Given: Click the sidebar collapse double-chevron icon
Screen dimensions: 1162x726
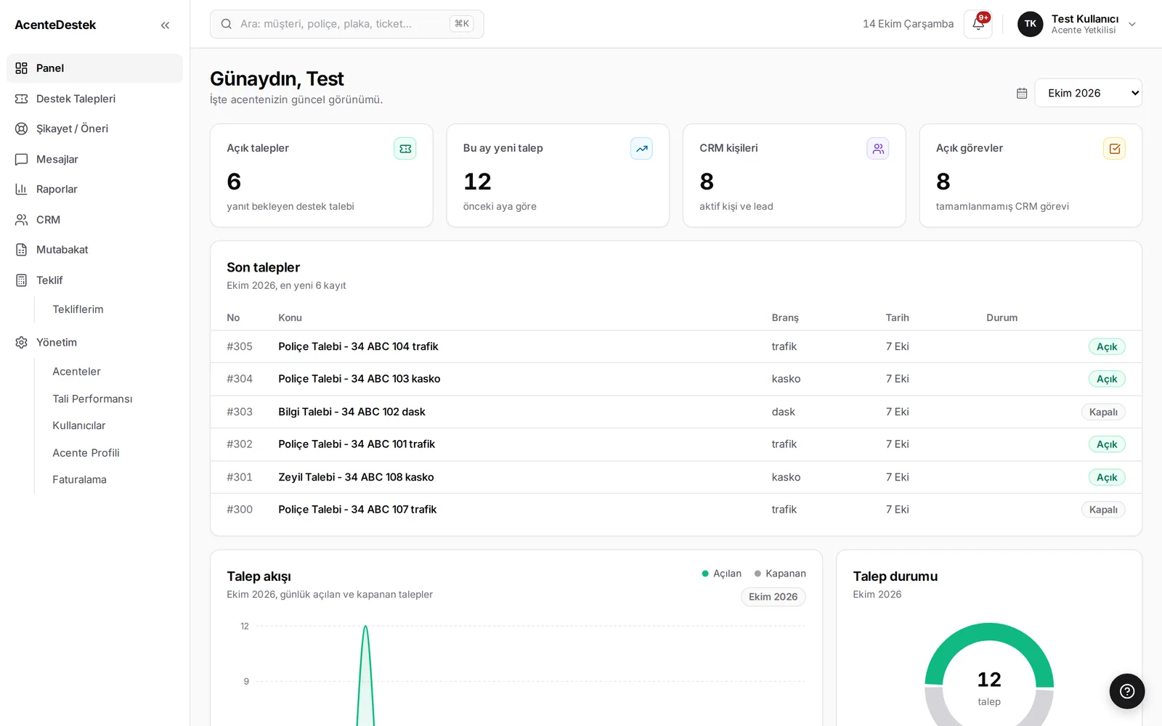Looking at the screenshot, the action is (x=165, y=25).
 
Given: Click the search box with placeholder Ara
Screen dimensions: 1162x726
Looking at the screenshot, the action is (x=346, y=24).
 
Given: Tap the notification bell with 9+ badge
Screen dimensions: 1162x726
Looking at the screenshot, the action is (x=978, y=24).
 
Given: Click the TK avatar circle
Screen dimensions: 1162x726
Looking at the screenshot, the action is (x=1030, y=24).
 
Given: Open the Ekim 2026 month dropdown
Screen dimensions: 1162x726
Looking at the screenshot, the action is (x=1089, y=93).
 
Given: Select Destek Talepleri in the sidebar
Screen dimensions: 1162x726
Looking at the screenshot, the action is (x=76, y=99).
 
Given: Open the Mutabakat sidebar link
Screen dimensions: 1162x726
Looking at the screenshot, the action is (x=62, y=250).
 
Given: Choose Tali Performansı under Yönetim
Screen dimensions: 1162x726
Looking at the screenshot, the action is (x=92, y=399).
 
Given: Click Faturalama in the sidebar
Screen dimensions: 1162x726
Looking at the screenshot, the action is (x=79, y=480).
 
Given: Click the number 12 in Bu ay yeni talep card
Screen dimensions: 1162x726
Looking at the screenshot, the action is (x=476, y=181).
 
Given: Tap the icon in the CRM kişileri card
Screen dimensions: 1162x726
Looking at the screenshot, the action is (x=878, y=149).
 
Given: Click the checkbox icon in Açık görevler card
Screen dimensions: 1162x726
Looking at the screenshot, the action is (x=1114, y=149).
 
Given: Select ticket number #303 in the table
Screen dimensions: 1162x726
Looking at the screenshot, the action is (x=239, y=412).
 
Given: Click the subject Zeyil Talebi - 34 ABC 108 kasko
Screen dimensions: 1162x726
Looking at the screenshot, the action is (x=356, y=477).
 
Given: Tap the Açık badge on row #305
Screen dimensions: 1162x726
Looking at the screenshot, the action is (x=1107, y=346).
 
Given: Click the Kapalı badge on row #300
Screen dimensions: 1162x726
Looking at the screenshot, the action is (x=1103, y=510).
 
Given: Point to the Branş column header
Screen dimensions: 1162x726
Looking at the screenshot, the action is (x=785, y=317).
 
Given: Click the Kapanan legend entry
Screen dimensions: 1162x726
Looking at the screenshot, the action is (x=780, y=574).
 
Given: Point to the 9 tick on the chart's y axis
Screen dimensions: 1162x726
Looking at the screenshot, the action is (x=246, y=682).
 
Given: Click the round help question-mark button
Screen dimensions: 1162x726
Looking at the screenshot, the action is (x=1126, y=691).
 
